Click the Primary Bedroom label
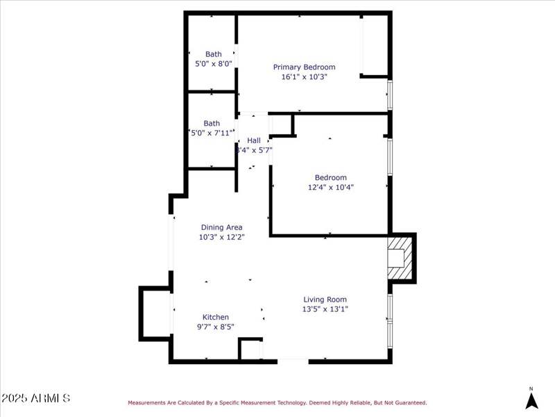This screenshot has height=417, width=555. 304,67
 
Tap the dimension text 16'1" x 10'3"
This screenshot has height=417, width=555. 304,77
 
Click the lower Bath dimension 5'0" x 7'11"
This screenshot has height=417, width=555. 212,133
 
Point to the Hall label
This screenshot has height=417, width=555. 254,140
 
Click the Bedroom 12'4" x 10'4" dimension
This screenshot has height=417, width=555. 331,187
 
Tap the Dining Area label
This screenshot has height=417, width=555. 221,227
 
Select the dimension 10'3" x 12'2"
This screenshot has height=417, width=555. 221,237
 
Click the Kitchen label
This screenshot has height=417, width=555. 215,317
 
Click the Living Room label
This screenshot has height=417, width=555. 325,300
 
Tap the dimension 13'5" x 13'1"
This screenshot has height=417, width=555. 325,309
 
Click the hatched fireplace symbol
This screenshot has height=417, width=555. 400,257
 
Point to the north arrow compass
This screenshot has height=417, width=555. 531,399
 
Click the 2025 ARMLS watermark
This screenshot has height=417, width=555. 36,398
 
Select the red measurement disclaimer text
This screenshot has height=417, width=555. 277,402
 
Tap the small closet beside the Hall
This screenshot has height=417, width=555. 281,124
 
